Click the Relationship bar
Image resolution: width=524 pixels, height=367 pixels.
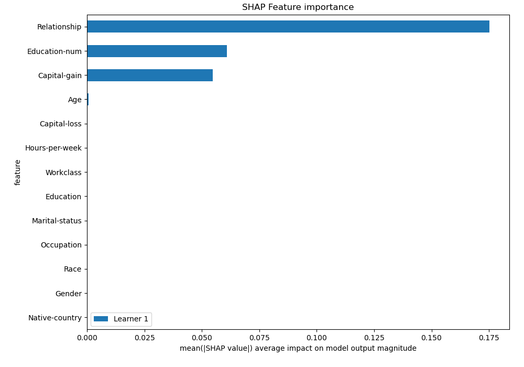(x=288, y=27)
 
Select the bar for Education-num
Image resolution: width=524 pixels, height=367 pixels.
(x=157, y=51)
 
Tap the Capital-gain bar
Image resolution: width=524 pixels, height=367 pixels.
(x=150, y=75)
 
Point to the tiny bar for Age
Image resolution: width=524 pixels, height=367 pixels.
(x=88, y=100)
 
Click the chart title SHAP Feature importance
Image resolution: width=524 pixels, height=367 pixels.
(x=298, y=7)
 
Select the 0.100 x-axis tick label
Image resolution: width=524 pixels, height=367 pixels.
(x=316, y=338)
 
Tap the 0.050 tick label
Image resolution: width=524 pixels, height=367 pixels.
(x=202, y=338)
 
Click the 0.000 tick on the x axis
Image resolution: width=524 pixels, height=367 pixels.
(x=87, y=338)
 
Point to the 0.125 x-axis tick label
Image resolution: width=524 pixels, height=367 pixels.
(x=374, y=338)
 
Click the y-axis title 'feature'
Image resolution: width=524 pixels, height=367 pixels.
(x=18, y=172)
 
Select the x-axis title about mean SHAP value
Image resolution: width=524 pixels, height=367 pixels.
(x=298, y=348)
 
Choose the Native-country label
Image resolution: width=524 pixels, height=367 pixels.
(x=55, y=318)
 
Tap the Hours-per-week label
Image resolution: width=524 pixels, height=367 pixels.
(x=53, y=148)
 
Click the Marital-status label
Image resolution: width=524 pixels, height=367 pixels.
(x=57, y=221)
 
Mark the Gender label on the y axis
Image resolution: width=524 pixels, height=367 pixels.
(x=69, y=294)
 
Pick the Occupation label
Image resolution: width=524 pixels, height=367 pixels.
(x=61, y=245)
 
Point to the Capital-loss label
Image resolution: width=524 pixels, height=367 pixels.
(x=61, y=124)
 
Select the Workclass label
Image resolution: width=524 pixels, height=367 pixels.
(x=63, y=172)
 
